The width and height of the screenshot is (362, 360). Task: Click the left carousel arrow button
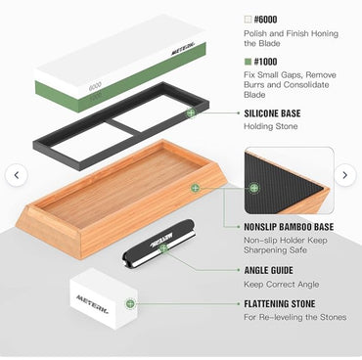17,175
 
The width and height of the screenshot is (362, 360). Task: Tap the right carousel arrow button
345,175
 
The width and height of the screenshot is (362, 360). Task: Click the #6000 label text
265,20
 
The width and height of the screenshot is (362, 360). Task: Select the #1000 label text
265,62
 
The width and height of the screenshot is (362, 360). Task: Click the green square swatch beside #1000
248,62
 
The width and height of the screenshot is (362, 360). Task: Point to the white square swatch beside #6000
248,20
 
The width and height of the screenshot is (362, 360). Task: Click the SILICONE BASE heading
272,113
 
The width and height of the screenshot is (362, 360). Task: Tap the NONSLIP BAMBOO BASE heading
289,227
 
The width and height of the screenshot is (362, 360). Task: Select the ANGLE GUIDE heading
269,270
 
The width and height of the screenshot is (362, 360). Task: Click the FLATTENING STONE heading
280,304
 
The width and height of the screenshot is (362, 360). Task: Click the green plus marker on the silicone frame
191,113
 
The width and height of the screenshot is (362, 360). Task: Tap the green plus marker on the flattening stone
130,304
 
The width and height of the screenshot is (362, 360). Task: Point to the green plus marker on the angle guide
163,248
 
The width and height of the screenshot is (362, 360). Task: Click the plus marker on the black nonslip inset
254,188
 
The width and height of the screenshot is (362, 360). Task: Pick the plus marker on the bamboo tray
195,188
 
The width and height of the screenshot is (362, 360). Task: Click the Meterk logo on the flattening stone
92,304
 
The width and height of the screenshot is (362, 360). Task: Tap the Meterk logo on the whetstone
183,49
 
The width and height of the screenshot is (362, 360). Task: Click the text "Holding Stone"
271,126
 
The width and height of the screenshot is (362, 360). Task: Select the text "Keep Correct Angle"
281,285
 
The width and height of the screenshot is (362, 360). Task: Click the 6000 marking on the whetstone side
95,86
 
